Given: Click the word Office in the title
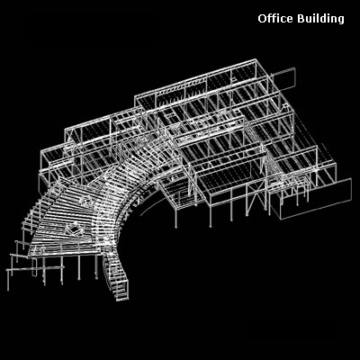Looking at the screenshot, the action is (275, 19).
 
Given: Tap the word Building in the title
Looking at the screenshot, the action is (320, 19).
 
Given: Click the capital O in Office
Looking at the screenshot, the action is (262, 19).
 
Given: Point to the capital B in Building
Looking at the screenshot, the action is (301, 19).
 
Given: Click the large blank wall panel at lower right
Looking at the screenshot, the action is (316, 198).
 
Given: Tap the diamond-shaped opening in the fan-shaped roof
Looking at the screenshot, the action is (74, 231).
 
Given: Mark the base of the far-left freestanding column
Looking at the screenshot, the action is (8, 290).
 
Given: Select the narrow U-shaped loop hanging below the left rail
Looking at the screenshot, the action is (34, 267).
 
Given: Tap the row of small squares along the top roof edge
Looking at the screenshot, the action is (170, 90).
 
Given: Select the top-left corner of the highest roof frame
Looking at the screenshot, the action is (135, 96).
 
